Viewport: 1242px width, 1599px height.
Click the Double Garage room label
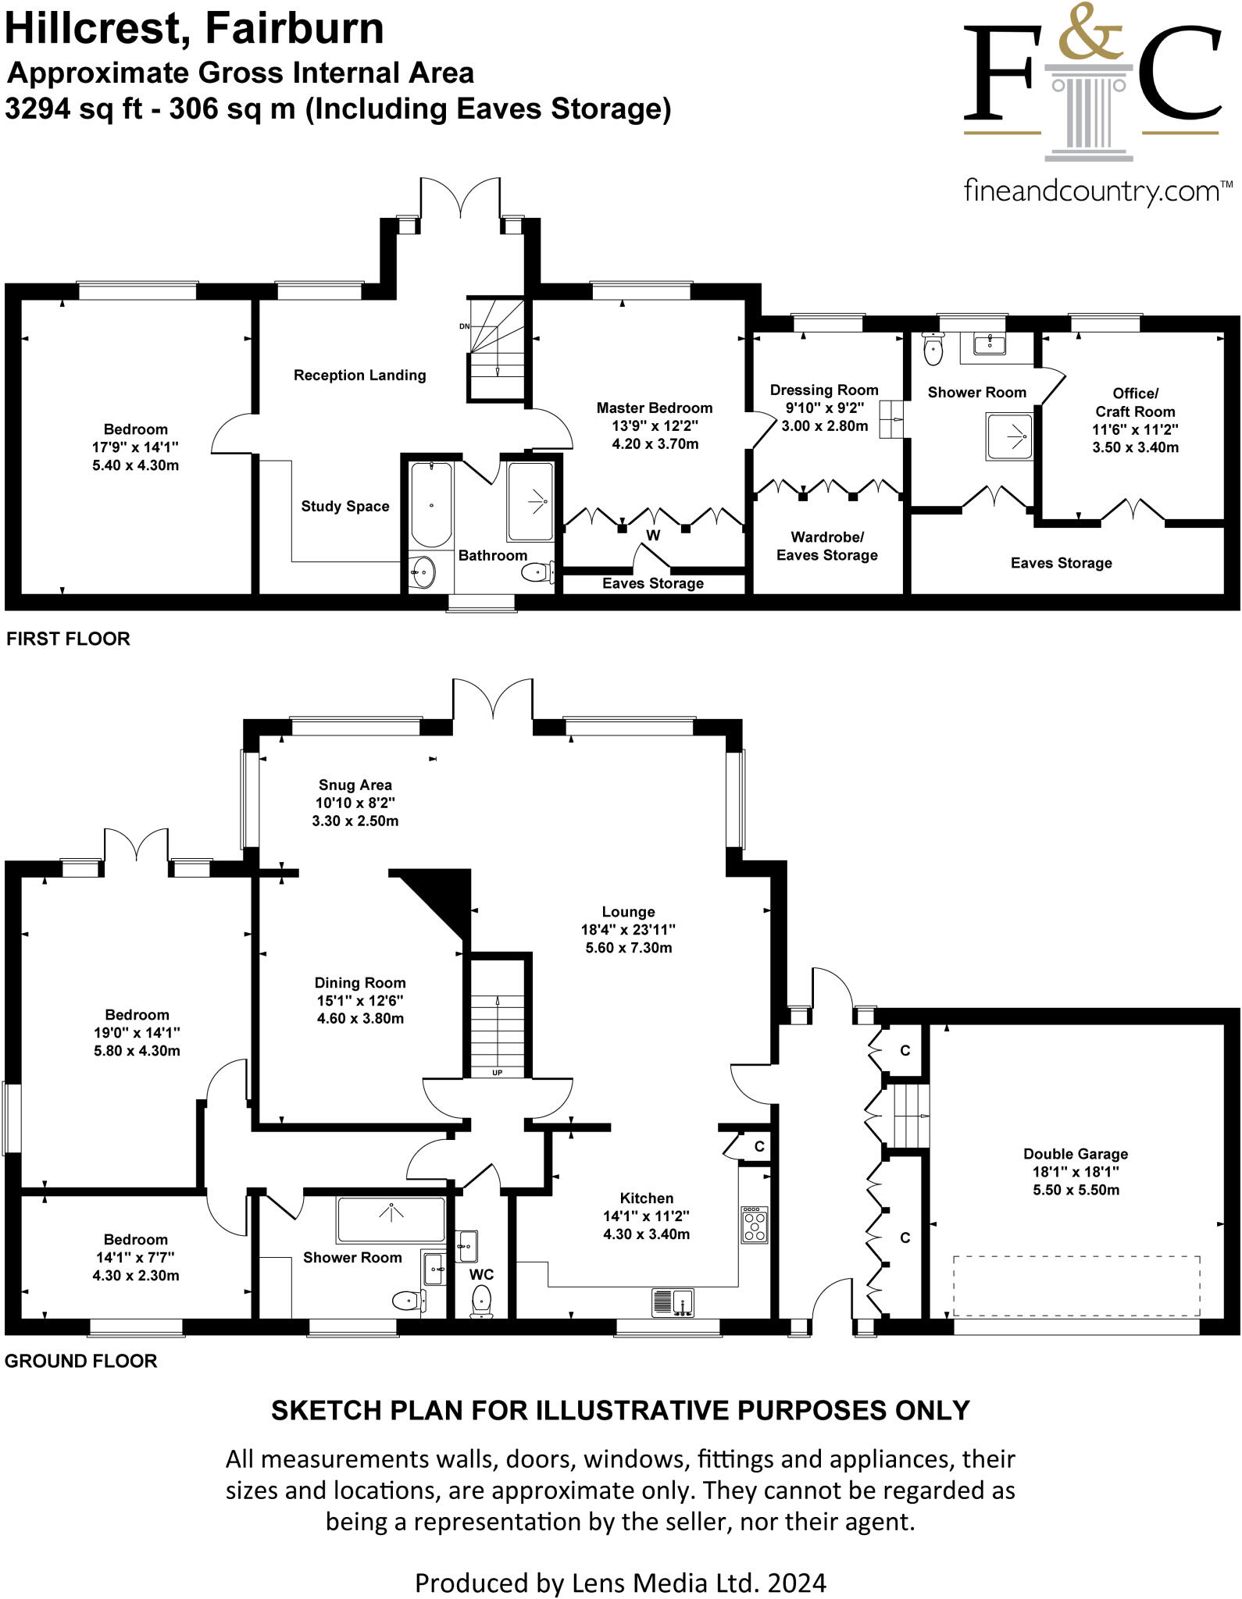coord(1076,1154)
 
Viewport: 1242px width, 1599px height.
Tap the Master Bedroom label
coord(655,408)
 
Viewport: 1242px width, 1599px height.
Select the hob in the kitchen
coord(754,1225)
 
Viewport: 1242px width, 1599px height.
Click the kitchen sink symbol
coord(673,1302)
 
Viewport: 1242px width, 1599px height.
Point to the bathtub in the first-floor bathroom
coord(431,504)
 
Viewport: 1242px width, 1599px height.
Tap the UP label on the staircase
coord(497,1073)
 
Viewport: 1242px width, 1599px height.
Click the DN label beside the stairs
coord(464,326)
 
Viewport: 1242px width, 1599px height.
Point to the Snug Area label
coord(355,785)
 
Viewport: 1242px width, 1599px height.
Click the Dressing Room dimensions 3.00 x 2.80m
coord(825,426)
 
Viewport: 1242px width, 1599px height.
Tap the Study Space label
coord(345,506)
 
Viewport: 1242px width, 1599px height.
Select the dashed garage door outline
coord(1076,1285)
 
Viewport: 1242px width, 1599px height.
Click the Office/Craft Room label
coord(1135,402)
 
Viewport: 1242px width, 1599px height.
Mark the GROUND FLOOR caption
coord(81,1361)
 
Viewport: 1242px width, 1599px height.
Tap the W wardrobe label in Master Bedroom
coord(653,536)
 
